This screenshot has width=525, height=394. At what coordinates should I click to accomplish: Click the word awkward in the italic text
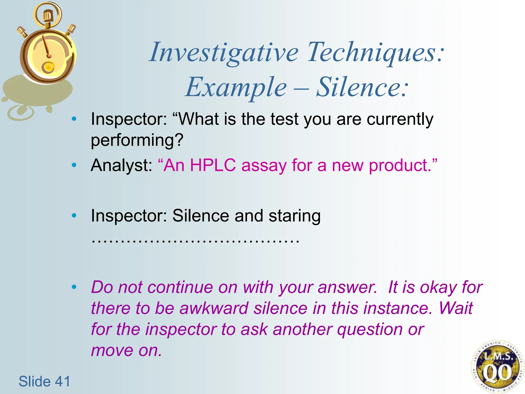coord(214,308)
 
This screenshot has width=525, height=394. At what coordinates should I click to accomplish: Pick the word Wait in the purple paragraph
coord(456,308)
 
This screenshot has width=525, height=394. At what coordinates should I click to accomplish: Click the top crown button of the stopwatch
coord(47,16)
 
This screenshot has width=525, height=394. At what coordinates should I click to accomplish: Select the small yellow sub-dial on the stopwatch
coord(48,67)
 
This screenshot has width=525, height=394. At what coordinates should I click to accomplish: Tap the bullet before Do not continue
coord(74,287)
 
